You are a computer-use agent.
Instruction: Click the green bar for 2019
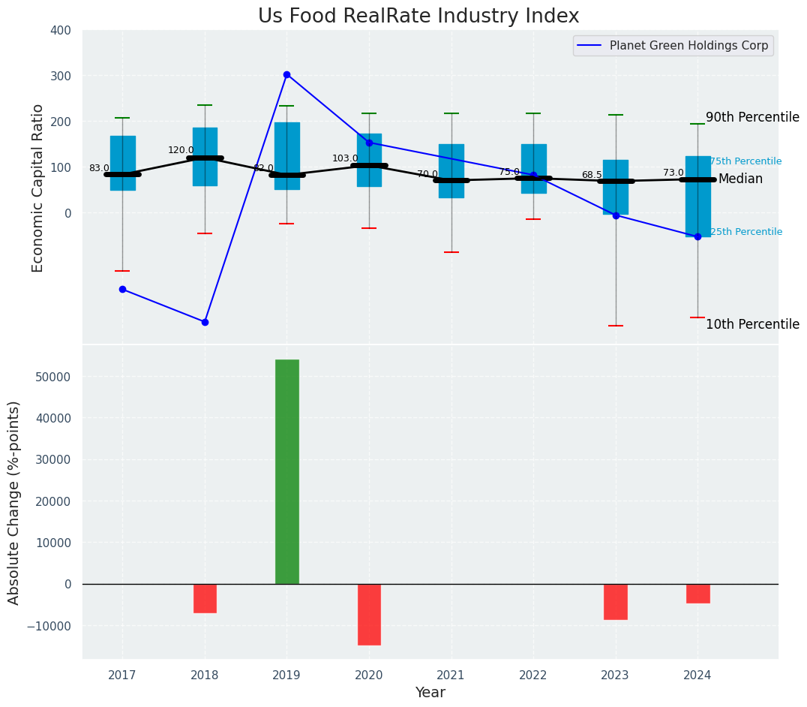(286, 471)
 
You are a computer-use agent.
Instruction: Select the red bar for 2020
(369, 614)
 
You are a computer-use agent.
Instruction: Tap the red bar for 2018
(205, 598)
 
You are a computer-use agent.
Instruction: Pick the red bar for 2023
(616, 601)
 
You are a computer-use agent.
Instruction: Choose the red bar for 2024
(697, 593)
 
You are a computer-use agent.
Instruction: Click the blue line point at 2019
(286, 74)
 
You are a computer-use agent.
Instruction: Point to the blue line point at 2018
(205, 322)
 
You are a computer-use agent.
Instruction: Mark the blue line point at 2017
(122, 289)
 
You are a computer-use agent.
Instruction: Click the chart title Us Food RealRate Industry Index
(418, 17)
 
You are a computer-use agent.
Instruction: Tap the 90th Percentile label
(752, 117)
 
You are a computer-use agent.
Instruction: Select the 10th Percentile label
(752, 324)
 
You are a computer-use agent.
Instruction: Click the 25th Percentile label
(745, 232)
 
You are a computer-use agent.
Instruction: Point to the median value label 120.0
(181, 150)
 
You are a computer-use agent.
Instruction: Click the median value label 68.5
(592, 175)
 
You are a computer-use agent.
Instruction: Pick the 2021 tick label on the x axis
(451, 675)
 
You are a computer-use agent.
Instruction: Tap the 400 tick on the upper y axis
(61, 30)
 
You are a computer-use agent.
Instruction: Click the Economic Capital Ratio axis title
(37, 188)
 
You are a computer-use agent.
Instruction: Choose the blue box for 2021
(451, 170)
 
